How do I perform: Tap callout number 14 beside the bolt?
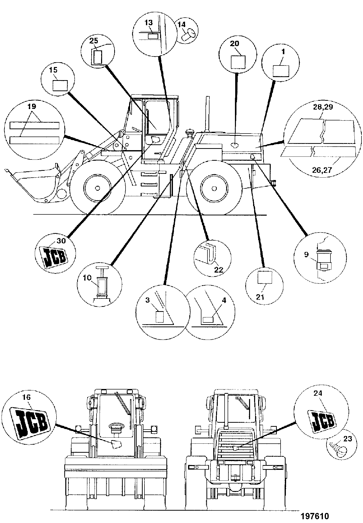pyautogui.click(x=181, y=24)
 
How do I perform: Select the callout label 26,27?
pyautogui.click(x=321, y=170)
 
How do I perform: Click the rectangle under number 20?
pyautogui.click(x=238, y=62)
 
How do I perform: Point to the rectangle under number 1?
pyautogui.click(x=281, y=71)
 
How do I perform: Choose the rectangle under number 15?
pyautogui.click(x=60, y=85)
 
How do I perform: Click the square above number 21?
pyautogui.click(x=265, y=278)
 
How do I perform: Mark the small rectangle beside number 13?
pyautogui.click(x=153, y=36)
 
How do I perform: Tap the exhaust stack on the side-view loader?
pyautogui.click(x=208, y=114)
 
